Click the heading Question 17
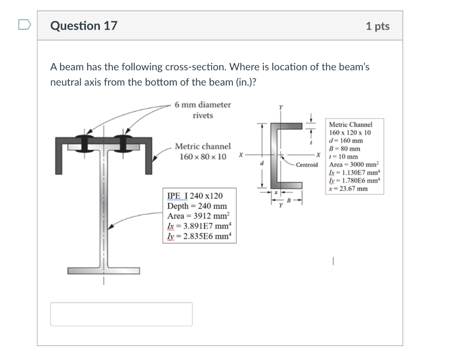[84, 26]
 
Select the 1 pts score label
[377, 26]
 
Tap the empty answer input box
[121, 314]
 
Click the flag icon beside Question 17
[25, 25]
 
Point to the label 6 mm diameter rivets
[203, 110]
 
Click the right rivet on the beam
[122, 143]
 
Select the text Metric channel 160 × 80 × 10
[203, 151]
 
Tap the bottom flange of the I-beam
[104, 271]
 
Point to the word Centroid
[307, 165]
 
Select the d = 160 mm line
[345, 141]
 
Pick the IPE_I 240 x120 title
[194, 196]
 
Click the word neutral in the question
[65, 82]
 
